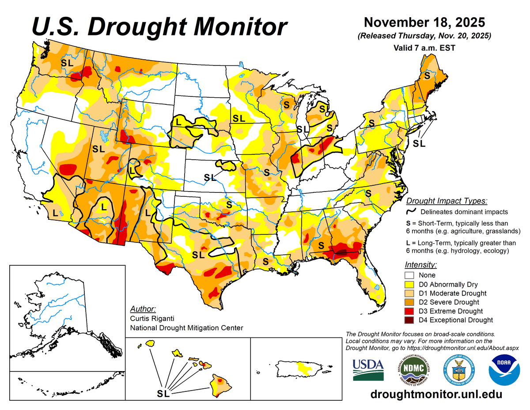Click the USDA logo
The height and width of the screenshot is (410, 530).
click(368, 370)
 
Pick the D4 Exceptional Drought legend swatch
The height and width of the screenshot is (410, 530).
click(410, 320)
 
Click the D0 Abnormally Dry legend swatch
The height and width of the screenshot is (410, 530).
click(410, 284)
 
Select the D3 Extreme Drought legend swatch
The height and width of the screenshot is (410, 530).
click(410, 311)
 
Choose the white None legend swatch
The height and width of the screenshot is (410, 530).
click(410, 275)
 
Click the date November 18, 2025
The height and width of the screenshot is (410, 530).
click(424, 22)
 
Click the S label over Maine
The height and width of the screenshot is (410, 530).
click(427, 76)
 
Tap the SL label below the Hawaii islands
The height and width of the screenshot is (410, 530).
click(164, 393)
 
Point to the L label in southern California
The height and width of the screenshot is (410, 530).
click(55, 213)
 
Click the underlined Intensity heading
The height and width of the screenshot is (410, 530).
click(420, 265)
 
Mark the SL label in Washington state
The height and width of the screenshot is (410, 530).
click(67, 63)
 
